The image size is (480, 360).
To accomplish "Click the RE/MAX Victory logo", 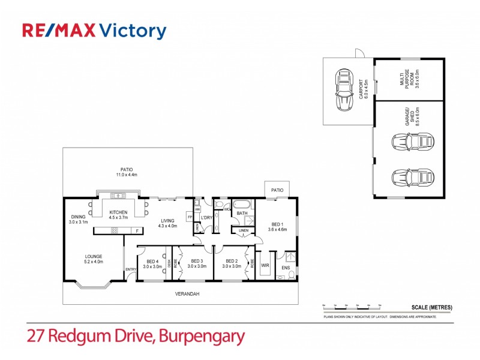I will [94, 31].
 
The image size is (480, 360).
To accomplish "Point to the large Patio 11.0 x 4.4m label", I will [126, 172].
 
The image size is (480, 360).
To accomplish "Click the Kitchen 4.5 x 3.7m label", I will [118, 215].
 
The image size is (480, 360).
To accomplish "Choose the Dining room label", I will [78, 220].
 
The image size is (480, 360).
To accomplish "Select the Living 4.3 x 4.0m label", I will [167, 224].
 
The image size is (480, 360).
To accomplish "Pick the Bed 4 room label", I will [152, 263].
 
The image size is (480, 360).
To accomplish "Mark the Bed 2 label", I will [232, 263].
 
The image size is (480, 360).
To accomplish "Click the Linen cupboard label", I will [244, 230].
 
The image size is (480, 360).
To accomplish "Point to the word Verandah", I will [187, 294].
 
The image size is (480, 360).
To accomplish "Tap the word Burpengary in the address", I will [202, 336].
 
